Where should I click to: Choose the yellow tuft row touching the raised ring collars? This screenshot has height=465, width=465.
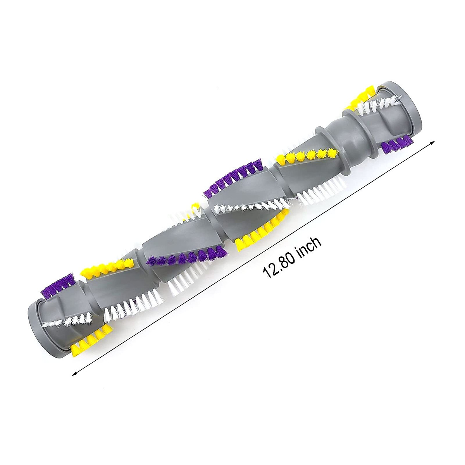click(x=308, y=155)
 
